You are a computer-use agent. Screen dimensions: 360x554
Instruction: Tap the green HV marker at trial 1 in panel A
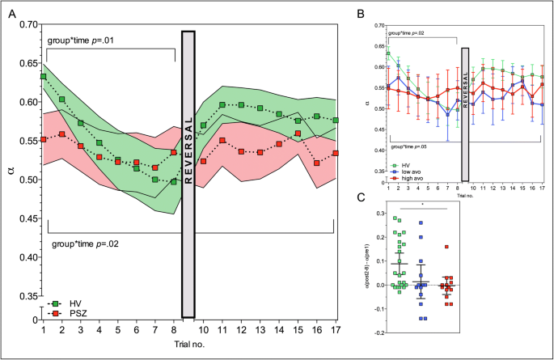(43, 77)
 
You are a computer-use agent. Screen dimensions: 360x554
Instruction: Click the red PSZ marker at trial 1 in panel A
(43, 139)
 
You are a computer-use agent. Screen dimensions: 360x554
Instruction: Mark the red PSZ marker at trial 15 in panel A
(298, 133)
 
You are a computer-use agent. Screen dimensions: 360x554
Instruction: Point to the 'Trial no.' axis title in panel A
(188, 345)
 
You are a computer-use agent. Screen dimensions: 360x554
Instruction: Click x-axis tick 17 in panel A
(335, 329)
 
